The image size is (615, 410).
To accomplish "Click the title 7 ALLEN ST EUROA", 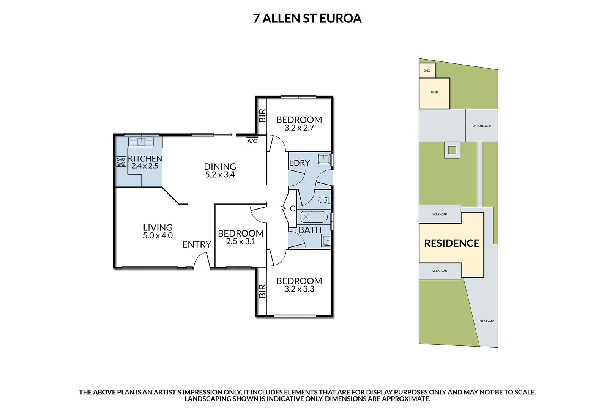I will coord(307,18).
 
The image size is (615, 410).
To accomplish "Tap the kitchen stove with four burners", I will coord(121,162).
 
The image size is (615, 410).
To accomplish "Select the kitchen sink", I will coord(141,142).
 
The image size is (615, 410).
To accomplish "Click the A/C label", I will coord(252,141).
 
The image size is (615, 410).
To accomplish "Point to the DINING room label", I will coord(220,170).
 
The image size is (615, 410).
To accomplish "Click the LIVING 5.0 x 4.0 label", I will coord(158,231).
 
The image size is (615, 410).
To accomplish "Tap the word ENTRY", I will coord(196,244).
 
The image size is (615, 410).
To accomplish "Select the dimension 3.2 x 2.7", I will coord(299,128).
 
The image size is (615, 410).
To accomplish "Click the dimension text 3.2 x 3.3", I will coord(299,289).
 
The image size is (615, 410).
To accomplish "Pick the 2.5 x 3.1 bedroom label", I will coord(241,237).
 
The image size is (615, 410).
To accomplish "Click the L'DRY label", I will coord(299,163).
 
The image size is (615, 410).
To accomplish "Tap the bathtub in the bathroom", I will coord(314,218).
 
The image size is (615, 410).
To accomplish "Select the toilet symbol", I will coord(323,200).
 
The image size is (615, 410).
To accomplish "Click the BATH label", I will coord(310,230).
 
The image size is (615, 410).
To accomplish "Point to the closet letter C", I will coord(292,208).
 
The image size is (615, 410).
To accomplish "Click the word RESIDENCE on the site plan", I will coord(451,243).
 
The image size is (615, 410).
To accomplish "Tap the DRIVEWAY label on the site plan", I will coord(486,321).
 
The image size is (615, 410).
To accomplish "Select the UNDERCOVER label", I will coord(481,126).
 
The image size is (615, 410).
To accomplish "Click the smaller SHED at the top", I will coord(427,71).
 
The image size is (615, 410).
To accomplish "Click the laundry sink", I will coord(324,159).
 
